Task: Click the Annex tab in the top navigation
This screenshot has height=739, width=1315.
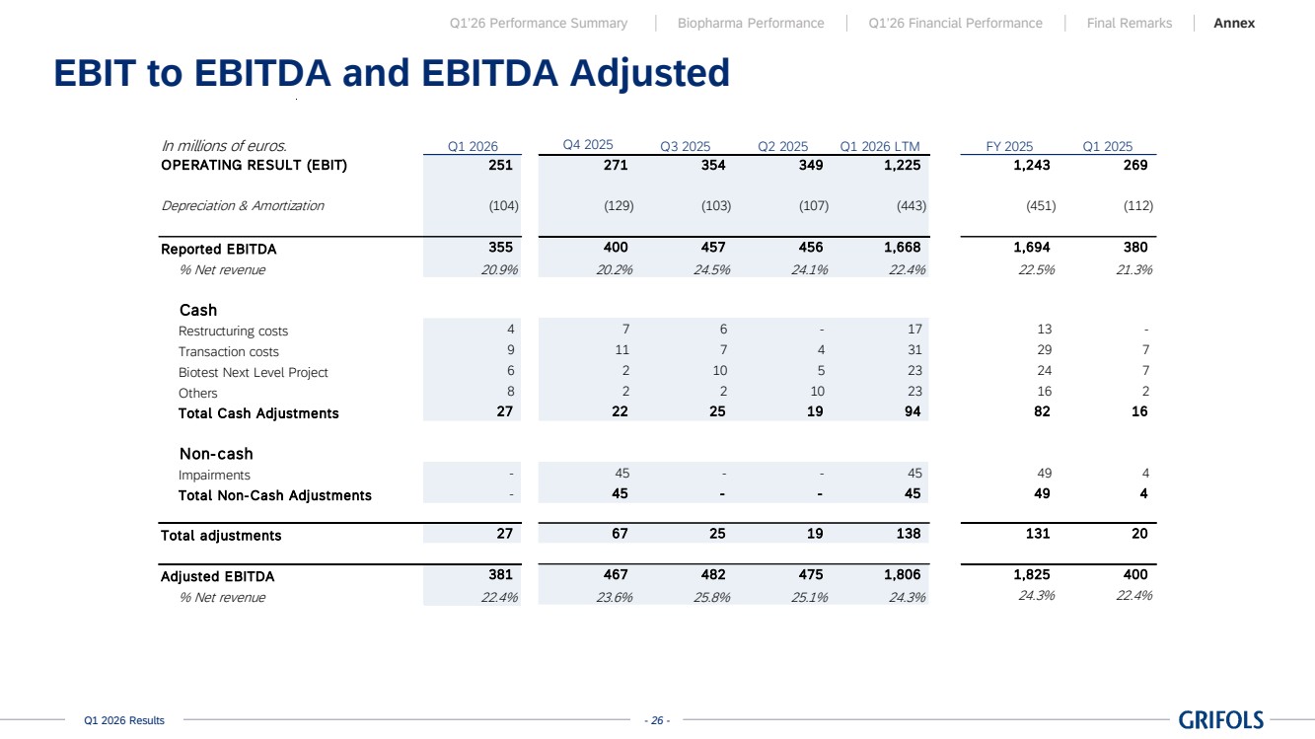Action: click(x=1234, y=23)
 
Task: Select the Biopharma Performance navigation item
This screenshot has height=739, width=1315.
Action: click(x=751, y=23)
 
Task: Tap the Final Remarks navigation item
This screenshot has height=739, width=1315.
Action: click(x=1129, y=23)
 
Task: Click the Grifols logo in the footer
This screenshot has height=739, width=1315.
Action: click(x=1220, y=719)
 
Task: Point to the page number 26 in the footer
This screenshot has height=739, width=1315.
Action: click(x=657, y=720)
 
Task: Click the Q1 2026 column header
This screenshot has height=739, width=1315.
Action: click(x=473, y=146)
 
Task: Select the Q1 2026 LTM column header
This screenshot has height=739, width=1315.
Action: click(x=879, y=146)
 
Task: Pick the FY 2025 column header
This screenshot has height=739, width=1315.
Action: click(x=1009, y=146)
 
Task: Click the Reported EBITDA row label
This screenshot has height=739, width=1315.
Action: click(x=218, y=249)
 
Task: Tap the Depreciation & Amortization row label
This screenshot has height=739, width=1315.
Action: click(x=243, y=205)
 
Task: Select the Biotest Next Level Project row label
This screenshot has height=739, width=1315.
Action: click(x=253, y=373)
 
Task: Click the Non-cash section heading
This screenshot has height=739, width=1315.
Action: click(x=216, y=454)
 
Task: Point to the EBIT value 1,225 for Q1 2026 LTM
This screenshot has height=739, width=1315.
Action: click(x=903, y=165)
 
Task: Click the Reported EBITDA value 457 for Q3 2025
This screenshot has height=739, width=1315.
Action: click(x=713, y=247)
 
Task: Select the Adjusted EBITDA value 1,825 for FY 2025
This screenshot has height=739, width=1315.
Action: click(x=1032, y=574)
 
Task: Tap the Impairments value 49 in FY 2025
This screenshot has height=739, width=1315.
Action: click(x=1045, y=474)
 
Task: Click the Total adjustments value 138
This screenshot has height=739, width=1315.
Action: click(x=909, y=534)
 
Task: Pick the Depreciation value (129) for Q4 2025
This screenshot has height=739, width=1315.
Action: click(x=619, y=206)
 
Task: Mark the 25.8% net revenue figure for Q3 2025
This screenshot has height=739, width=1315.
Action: click(x=711, y=598)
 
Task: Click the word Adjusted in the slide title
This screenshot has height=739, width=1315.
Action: click(x=649, y=73)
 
